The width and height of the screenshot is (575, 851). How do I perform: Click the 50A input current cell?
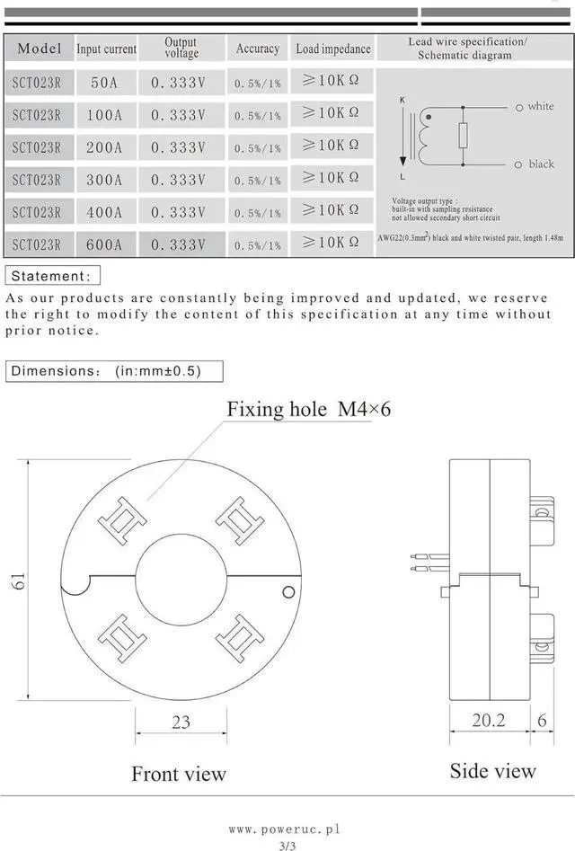point(104,83)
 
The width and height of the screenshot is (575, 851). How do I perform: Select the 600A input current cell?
point(104,244)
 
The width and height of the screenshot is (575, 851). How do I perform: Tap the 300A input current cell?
point(104,180)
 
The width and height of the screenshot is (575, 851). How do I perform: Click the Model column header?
point(40,49)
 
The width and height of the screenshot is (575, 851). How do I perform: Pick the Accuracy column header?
point(257,49)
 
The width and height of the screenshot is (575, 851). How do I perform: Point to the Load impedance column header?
point(332,49)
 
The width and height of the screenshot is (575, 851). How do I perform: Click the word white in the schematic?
point(541,106)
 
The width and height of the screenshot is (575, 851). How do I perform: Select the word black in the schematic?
point(541,164)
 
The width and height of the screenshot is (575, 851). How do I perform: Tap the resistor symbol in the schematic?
point(463,136)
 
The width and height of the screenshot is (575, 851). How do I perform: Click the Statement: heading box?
point(52,276)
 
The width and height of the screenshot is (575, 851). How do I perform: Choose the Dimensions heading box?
point(113,370)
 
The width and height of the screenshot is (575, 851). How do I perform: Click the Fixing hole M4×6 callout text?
point(308,410)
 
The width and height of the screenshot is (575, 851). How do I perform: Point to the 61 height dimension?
point(18,580)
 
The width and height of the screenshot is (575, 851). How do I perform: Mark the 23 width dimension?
point(181,722)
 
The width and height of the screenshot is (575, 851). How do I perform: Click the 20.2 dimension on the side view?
point(489,721)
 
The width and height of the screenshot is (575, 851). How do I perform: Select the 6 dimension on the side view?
point(542,721)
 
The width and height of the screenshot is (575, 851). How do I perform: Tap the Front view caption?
point(179,774)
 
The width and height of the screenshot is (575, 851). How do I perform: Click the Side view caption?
point(492,770)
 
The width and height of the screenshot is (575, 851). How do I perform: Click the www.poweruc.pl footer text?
point(285,829)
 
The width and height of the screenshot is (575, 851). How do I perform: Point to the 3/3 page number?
point(287,845)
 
